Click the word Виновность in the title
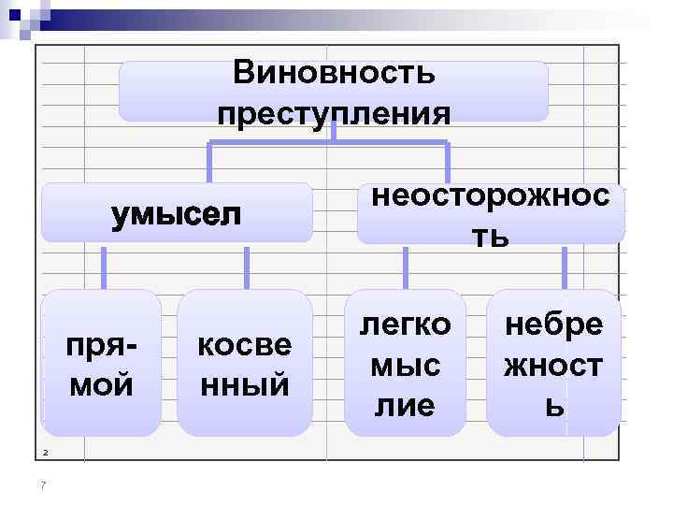tap(333, 72)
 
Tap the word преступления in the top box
tap(333, 113)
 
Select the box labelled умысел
tap(176, 213)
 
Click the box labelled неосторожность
tap(490, 213)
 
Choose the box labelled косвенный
tap(244, 364)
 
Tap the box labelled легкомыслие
tap(405, 364)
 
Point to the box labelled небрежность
tap(553, 364)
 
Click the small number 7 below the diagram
tap(44, 483)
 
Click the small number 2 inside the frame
tap(44, 454)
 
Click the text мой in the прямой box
tap(101, 383)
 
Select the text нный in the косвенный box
tap(244, 383)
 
